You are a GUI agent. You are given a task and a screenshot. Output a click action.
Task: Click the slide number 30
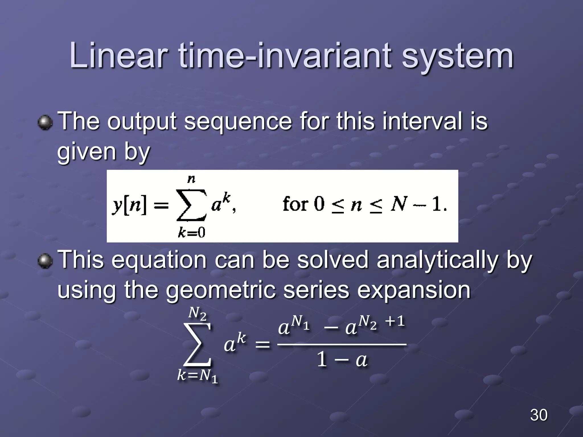coord(539,415)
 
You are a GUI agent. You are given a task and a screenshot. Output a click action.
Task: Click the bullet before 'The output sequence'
coord(45,123)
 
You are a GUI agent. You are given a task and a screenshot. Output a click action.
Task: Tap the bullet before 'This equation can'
coord(45,261)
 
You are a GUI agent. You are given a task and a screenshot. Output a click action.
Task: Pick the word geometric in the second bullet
coord(221,291)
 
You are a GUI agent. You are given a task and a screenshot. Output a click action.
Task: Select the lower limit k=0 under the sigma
coord(191,233)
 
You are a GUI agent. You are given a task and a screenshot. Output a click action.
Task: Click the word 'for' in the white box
coord(295,204)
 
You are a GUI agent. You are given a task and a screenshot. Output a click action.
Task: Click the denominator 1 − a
coord(342,360)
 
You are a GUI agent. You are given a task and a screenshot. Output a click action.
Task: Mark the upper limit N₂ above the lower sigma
coord(197,314)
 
